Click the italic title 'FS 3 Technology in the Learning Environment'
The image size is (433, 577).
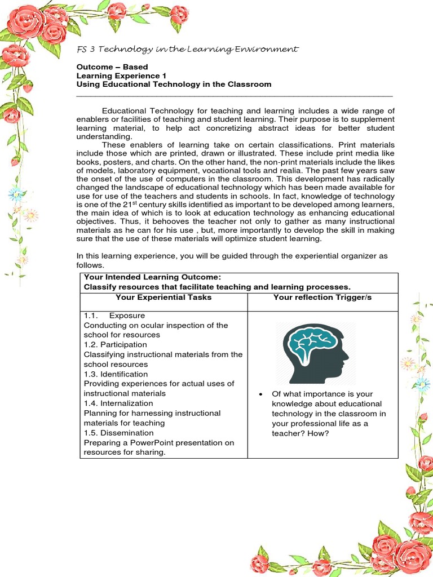pos(187,50)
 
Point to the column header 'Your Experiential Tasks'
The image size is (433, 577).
pos(164,297)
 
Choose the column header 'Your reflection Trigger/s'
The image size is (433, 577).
pos(322,297)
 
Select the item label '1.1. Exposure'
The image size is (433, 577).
pos(114,316)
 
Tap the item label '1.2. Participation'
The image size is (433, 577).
pos(115,344)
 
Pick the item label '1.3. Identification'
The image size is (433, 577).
pos(116,374)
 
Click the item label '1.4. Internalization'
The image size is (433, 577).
pos(118,403)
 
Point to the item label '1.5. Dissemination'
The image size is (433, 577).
pos(118,433)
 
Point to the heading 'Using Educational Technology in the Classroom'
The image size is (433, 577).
pos(174,85)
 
